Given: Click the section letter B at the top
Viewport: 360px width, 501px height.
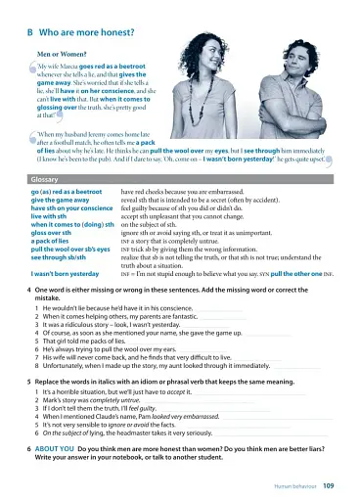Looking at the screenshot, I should [x=31, y=29].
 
